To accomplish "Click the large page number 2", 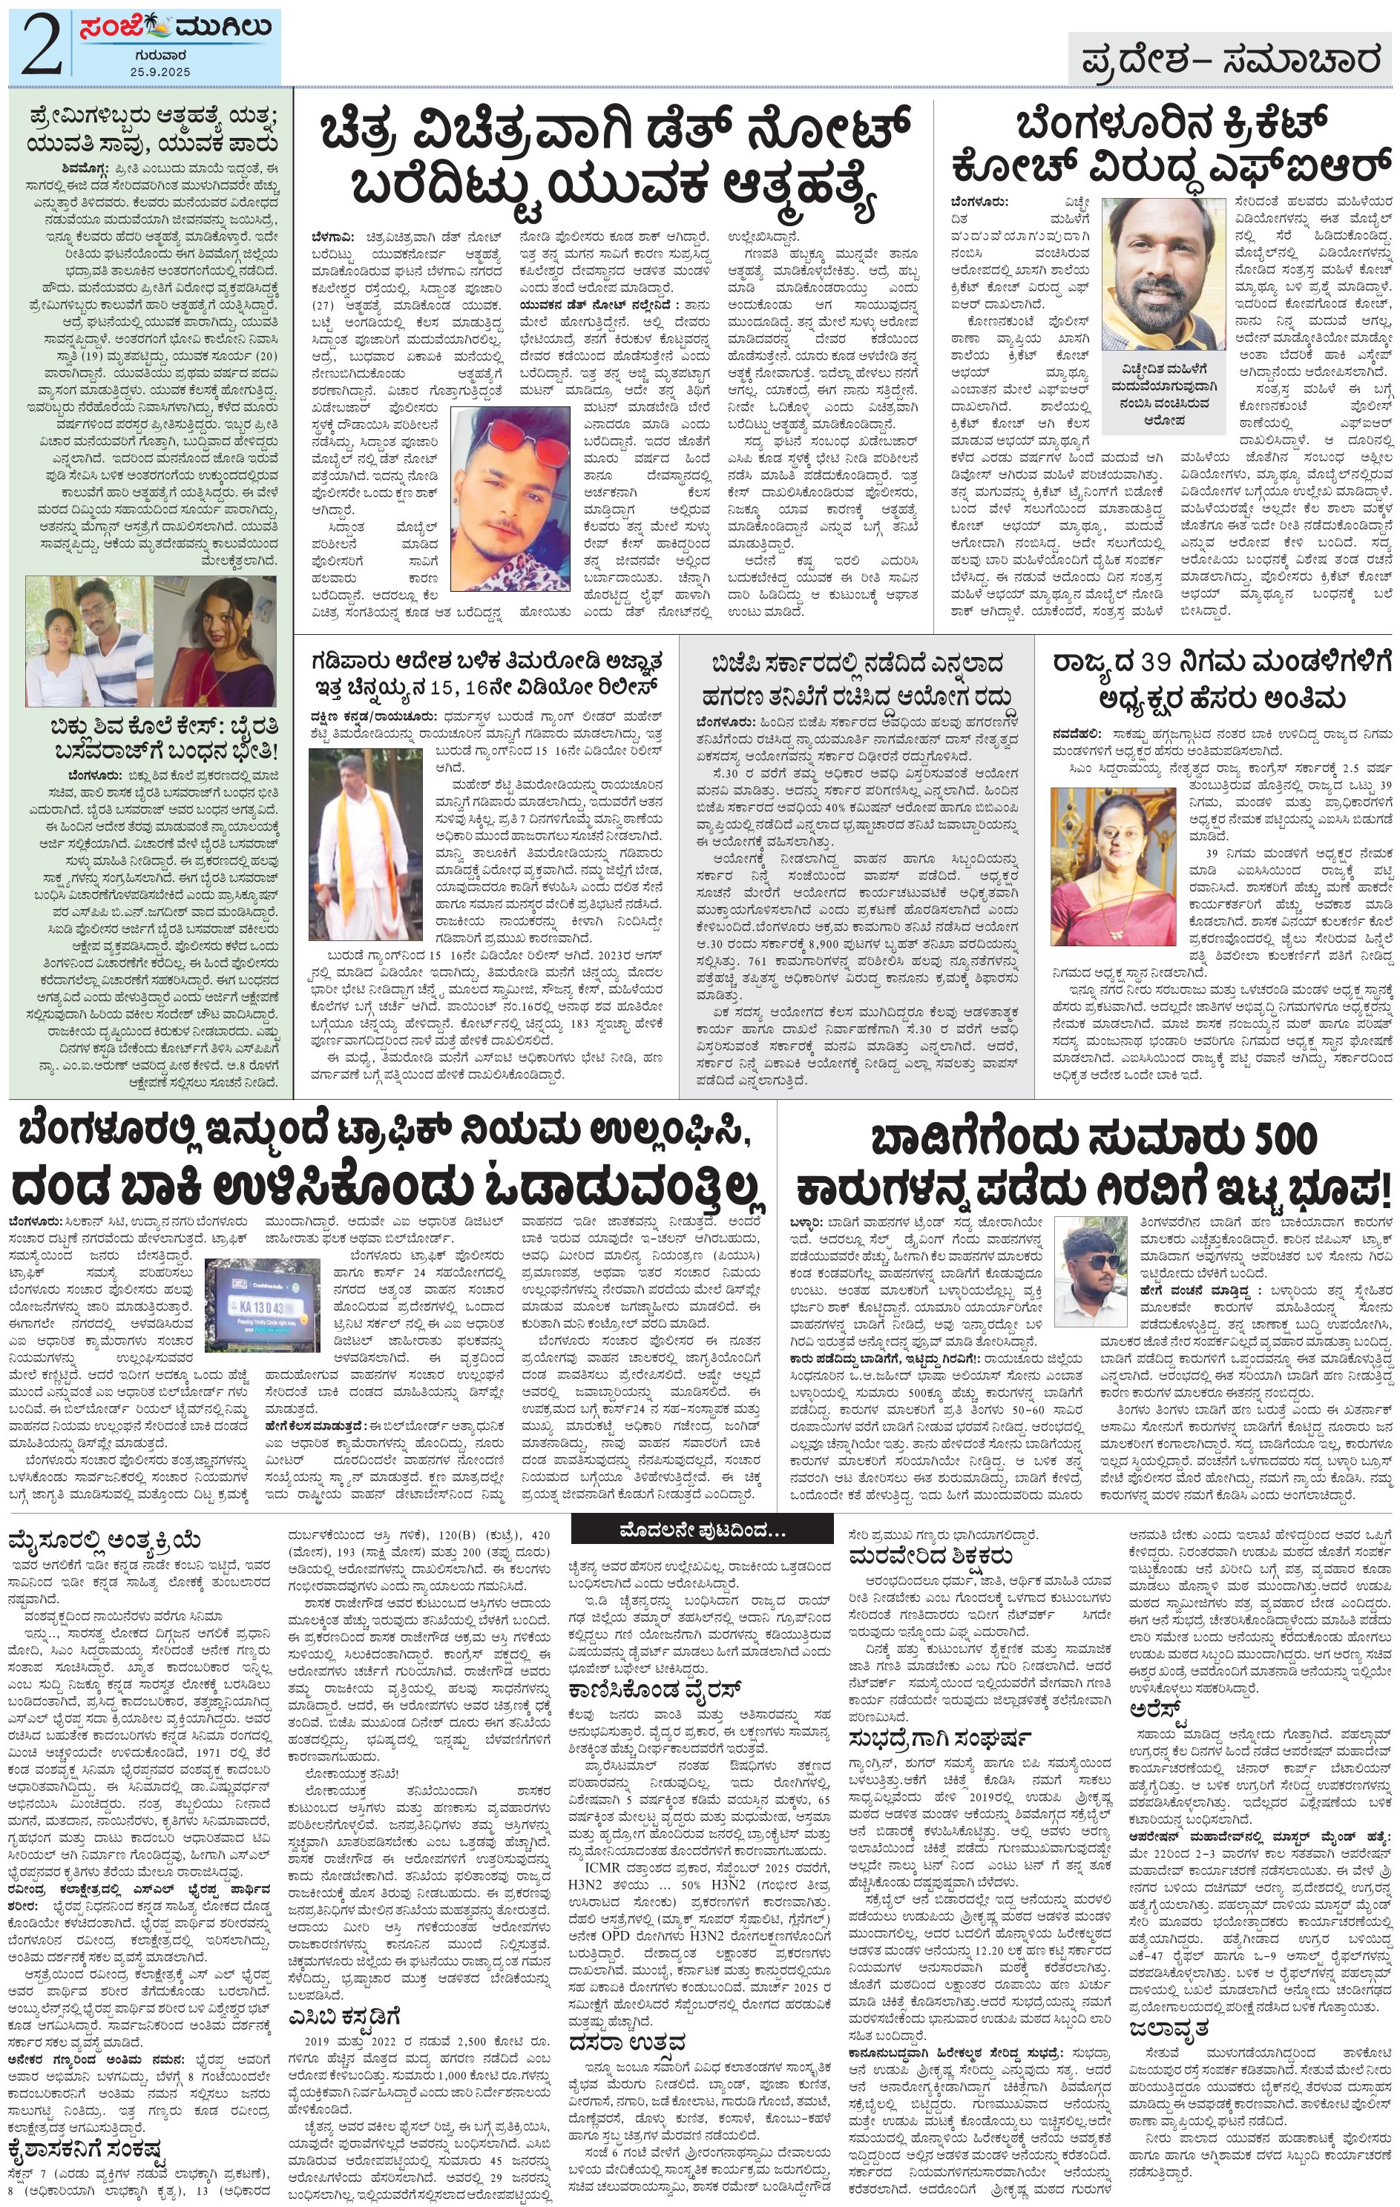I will click(x=42, y=47).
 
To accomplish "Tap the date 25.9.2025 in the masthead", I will click(x=160, y=71).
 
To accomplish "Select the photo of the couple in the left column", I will click(x=89, y=641).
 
